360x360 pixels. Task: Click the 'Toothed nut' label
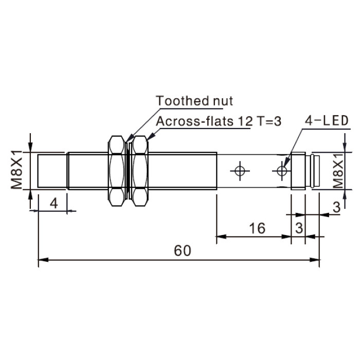pos(194,101)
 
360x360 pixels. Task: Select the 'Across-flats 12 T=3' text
pos(219,121)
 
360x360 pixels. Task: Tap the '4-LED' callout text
pos(327,120)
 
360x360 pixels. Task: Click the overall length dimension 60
pos(182,250)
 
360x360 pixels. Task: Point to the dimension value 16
pos(257,228)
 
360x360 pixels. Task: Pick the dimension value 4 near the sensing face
pos(53,203)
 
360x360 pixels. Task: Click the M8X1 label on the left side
pos(16,169)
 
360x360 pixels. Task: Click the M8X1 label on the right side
pos(338,170)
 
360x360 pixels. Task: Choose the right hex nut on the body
pos(140,171)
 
